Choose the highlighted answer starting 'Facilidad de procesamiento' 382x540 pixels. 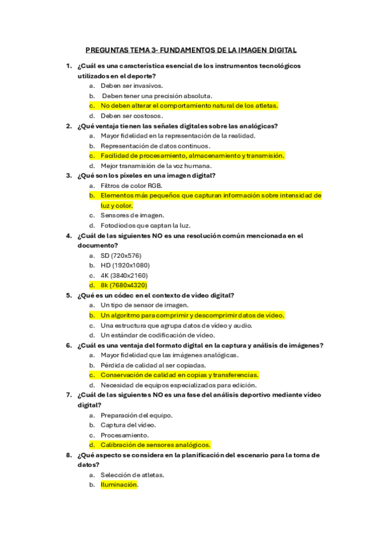coord(192,155)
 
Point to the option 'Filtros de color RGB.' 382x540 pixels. coord(131,185)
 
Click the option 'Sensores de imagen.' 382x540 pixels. coord(132,215)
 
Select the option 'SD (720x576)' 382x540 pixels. coord(121,255)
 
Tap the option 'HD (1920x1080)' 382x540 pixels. coord(125,265)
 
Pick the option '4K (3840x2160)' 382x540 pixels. coord(125,275)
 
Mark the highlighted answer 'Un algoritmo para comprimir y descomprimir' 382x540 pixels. coord(192,315)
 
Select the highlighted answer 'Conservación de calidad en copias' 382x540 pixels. coord(179,375)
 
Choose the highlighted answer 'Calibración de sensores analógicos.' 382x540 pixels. coord(156,445)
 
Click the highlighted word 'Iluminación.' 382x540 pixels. coord(119,485)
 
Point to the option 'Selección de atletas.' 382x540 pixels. coord(133,475)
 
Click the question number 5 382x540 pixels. coord(69,295)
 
